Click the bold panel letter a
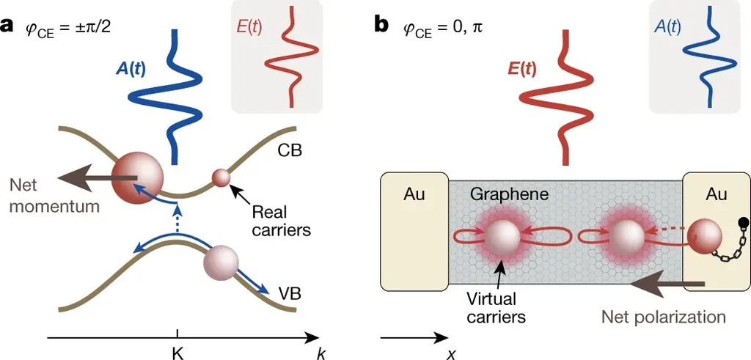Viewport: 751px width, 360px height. point(8,26)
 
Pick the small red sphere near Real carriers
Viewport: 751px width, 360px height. point(221,177)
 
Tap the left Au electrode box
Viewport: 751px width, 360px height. point(414,229)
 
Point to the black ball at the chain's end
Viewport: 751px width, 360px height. point(743,223)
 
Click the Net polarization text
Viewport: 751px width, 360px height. point(663,317)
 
